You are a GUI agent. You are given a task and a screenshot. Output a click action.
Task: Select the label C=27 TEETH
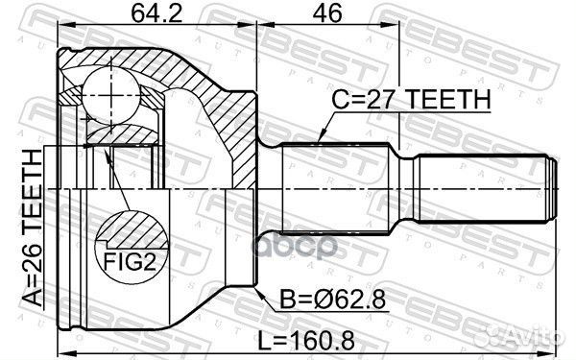click(x=411, y=100)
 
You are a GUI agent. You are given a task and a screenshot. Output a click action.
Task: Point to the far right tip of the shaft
click(x=557, y=187)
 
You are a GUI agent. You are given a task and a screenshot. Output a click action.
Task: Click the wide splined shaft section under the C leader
click(x=336, y=187)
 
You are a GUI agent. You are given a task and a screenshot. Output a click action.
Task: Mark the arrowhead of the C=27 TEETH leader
click(x=320, y=142)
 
